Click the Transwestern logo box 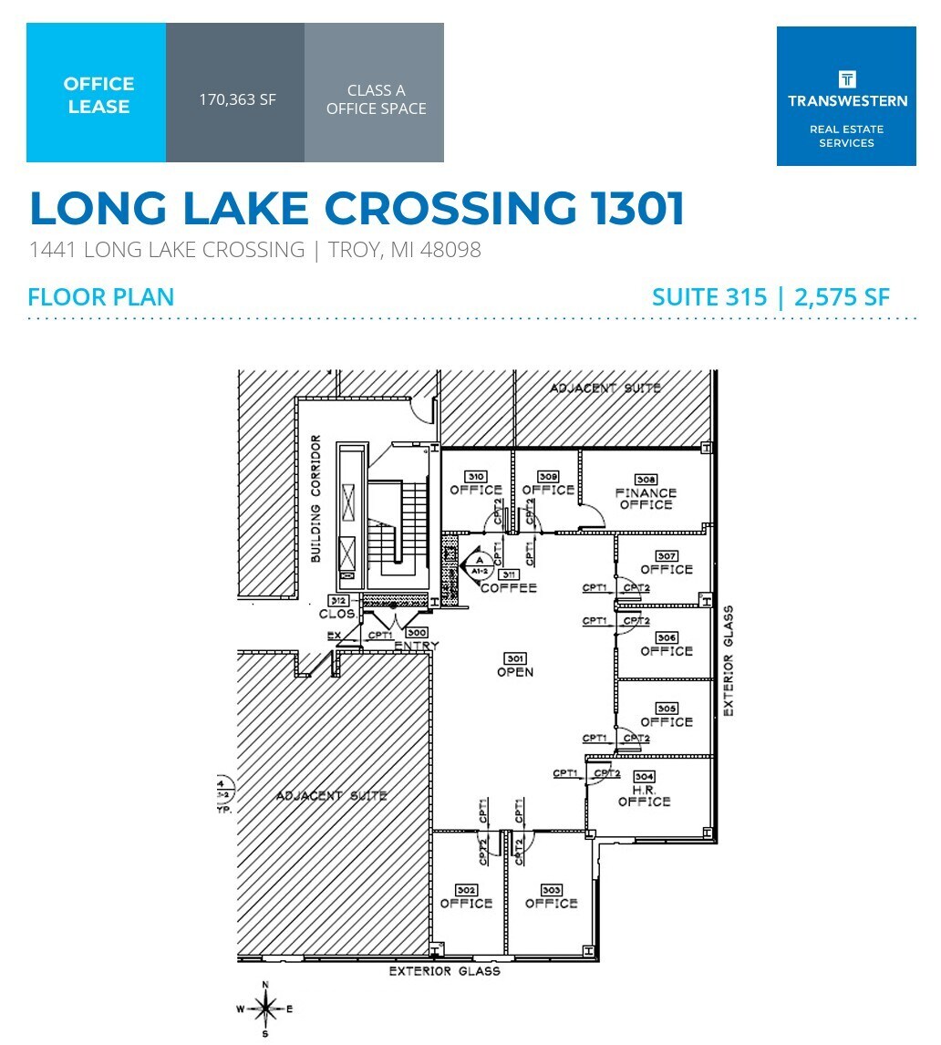[845, 96]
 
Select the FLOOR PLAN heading [100, 297]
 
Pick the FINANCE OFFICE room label [646, 499]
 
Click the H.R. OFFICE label [644, 795]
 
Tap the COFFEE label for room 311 [509, 588]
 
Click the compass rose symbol [265, 1009]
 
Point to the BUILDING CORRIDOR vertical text [315, 499]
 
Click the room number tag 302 [466, 890]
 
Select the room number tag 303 [551, 890]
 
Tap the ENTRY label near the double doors [417, 646]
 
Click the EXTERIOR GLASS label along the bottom [445, 971]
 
